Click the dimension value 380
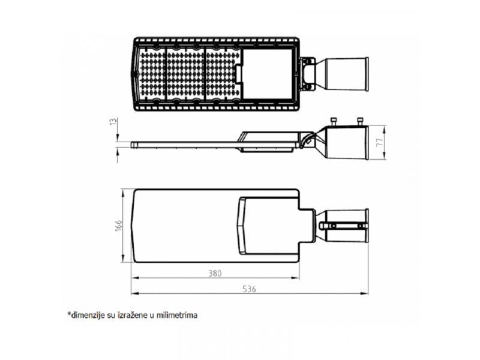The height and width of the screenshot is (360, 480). pyautogui.click(x=215, y=274)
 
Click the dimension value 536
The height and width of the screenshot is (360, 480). pyautogui.click(x=250, y=289)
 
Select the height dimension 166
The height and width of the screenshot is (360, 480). pyautogui.click(x=119, y=225)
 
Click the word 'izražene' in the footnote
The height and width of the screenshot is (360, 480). pyautogui.click(x=134, y=314)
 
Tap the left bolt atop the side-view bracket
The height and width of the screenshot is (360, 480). pyautogui.click(x=333, y=121)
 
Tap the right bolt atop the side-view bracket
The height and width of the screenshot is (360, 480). pyautogui.click(x=361, y=121)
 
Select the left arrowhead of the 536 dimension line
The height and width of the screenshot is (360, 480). pyautogui.click(x=134, y=294)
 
